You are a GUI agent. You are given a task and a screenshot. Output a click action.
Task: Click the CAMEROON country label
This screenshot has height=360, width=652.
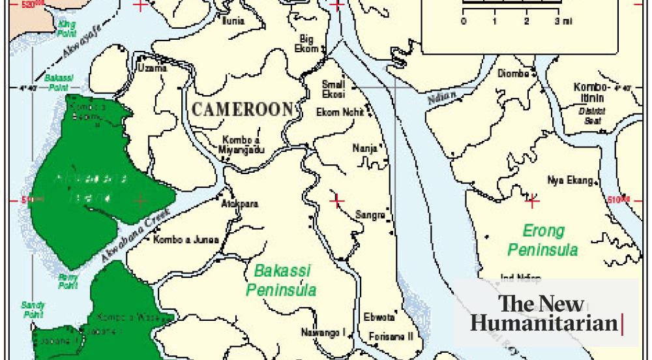tap(242, 110)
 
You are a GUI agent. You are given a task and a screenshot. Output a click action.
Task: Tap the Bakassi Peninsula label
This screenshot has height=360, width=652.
tap(282, 280)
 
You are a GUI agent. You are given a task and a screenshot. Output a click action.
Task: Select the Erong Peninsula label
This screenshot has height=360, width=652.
tap(542, 239)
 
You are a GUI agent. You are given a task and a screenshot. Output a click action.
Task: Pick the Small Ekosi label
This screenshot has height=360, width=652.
tap(334, 88)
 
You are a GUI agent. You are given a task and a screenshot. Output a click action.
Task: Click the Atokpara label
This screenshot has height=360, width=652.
tap(240, 204)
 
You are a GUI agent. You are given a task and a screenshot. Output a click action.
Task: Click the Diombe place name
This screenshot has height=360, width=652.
tap(513, 74)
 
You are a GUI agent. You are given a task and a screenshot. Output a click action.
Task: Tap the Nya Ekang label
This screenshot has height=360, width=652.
tap(570, 180)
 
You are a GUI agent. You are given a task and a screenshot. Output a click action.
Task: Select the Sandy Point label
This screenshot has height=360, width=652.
tap(32, 309)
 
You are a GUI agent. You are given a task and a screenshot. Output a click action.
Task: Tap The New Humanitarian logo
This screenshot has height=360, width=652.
tap(545, 314)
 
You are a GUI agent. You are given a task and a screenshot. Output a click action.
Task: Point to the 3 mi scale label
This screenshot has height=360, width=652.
tap(563, 22)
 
